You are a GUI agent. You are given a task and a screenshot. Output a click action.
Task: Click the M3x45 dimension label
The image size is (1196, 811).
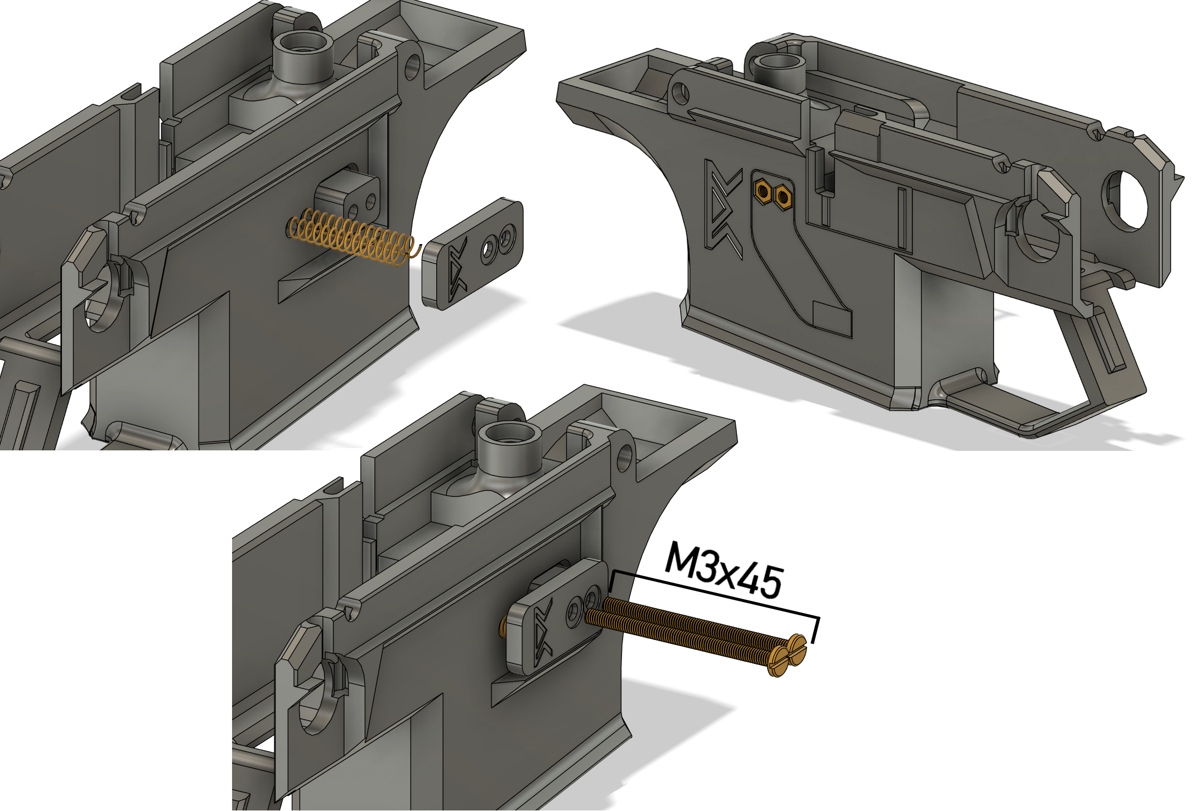click(x=724, y=569)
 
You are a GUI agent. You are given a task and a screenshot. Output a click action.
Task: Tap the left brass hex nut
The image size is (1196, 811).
click(x=762, y=191)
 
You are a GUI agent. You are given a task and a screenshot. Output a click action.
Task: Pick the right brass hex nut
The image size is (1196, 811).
click(x=783, y=196)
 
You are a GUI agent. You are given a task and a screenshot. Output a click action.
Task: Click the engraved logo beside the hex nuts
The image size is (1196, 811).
click(x=724, y=210)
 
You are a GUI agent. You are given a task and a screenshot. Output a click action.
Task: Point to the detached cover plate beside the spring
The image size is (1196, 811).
click(x=472, y=252)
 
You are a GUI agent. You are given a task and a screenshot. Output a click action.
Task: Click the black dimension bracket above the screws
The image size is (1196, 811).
click(x=714, y=599)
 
